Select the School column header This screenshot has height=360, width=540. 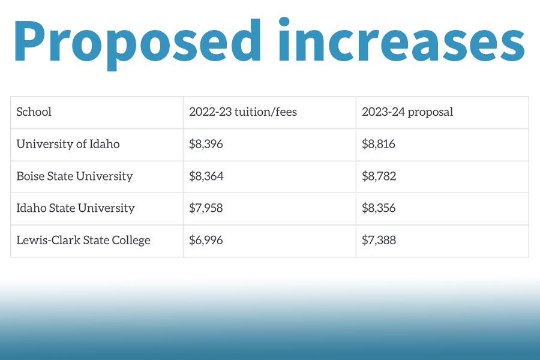pyautogui.click(x=34, y=112)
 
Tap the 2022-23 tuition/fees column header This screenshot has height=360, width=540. pyautogui.click(x=242, y=112)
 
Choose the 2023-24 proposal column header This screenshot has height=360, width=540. pyautogui.click(x=407, y=112)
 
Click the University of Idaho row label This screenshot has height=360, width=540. pyautogui.click(x=68, y=144)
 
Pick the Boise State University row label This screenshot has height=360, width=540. pyautogui.click(x=74, y=176)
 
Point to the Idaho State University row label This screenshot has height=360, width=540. pyautogui.click(x=76, y=208)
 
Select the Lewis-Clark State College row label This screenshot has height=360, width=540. pyautogui.click(x=83, y=241)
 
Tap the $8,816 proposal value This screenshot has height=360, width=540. pyautogui.click(x=379, y=144)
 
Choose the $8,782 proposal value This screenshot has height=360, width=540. pyautogui.click(x=379, y=176)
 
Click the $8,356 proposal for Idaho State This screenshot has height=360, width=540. pyautogui.click(x=379, y=208)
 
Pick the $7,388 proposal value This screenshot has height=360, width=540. pyautogui.click(x=379, y=241)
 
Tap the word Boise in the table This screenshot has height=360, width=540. pyautogui.click(x=30, y=176)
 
